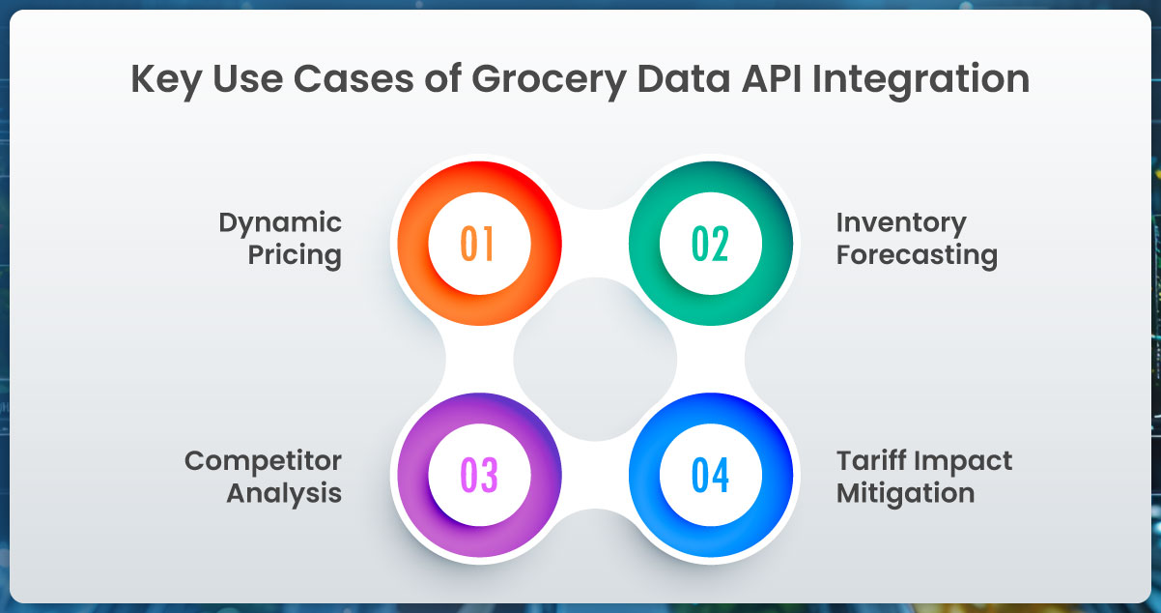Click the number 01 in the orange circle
point(477,243)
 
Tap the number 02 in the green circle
point(710,243)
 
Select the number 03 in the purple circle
point(477,476)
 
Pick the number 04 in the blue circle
point(710,476)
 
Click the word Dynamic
point(280,223)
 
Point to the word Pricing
point(296,256)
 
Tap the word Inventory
point(900,223)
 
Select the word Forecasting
point(916,256)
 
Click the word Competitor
point(263,460)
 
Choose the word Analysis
point(284,493)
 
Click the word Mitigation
point(905,493)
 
